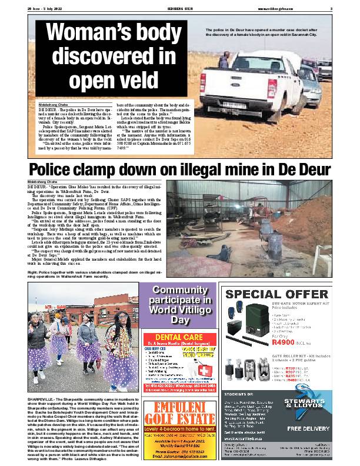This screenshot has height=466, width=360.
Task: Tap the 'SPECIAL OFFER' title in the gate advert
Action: click(276, 294)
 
